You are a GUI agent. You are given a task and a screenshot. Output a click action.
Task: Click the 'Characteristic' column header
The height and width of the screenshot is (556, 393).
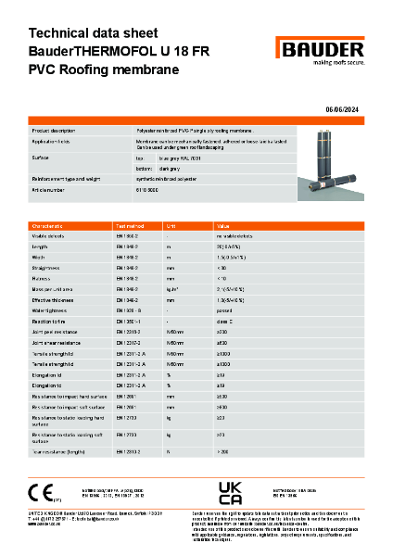48,225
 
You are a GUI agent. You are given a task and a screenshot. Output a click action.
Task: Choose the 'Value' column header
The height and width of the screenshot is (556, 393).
222,225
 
